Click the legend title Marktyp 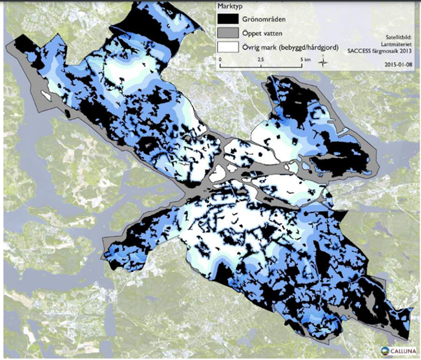coord(230,6)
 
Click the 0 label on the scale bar coord(220,60)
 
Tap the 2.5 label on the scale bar coord(260,60)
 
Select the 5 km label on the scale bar coord(306,60)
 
